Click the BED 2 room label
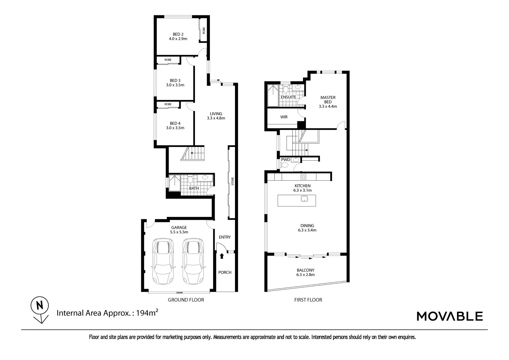click(178, 34)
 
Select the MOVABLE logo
click(450, 316)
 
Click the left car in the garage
click(163, 261)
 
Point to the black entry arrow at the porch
click(222, 256)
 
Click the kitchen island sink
click(304, 199)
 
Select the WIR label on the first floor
click(284, 117)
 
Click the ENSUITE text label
click(288, 97)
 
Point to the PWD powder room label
click(285, 160)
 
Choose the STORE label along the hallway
click(233, 181)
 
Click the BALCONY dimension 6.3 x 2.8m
click(305, 275)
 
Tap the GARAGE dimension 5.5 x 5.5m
click(179, 232)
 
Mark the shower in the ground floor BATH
click(174, 183)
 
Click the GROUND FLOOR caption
click(186, 300)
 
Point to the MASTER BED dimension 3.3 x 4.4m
click(328, 107)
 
